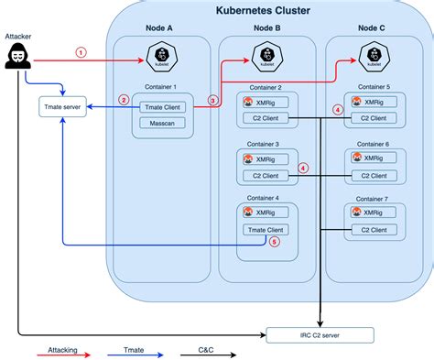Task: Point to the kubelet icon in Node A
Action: [161, 60]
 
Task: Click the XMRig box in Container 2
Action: [266, 103]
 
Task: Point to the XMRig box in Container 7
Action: [373, 212]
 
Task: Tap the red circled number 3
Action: [212, 100]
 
